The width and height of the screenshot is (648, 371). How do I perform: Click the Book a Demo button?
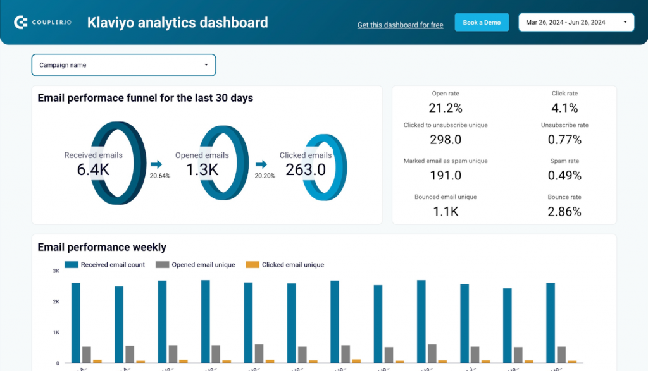pos(482,23)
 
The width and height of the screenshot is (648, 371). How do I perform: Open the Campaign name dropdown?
pos(124,65)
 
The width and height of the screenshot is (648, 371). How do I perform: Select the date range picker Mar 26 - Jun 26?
pos(576,23)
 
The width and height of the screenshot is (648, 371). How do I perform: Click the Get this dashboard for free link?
pos(400,25)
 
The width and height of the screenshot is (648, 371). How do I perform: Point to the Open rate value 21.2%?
pos(445,108)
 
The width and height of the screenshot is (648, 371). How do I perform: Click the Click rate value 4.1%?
pos(564,108)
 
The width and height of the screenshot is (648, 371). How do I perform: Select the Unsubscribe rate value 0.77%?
pos(564,140)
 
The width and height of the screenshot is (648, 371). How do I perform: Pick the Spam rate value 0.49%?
pos(564,176)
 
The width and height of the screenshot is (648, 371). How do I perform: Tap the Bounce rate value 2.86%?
pos(564,212)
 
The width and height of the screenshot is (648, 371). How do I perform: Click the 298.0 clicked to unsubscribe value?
pos(445,140)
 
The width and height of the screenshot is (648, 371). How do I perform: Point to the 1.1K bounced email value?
pos(445,212)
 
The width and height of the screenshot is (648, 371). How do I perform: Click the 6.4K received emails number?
pos(94,169)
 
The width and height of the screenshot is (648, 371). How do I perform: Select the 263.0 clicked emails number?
pos(306,169)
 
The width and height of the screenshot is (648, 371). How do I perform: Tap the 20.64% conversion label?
pos(159,176)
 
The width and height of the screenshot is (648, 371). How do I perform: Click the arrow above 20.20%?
pos(261,164)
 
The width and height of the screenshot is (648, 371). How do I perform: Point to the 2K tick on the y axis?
pos(56,301)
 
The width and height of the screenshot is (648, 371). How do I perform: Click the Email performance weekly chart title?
pos(102,247)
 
